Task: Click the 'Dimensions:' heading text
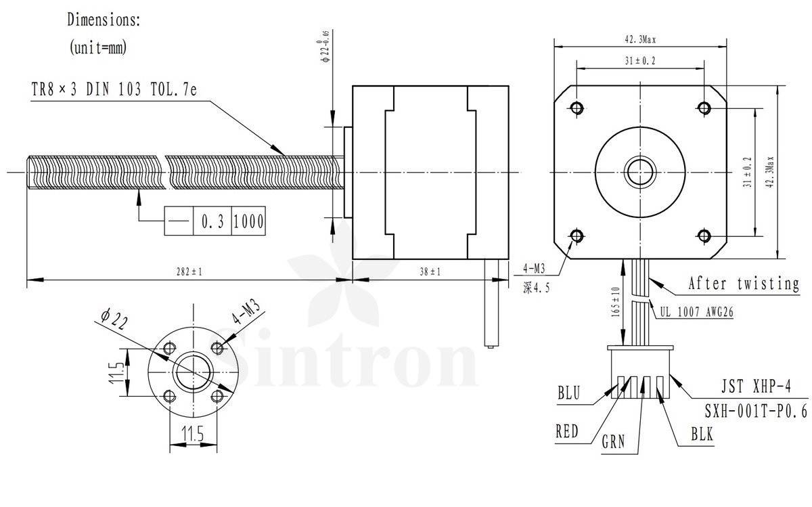(104, 19)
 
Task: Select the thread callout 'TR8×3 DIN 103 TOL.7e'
(114, 89)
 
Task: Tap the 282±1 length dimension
(189, 271)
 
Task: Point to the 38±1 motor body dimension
(430, 271)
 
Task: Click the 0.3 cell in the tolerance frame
(212, 221)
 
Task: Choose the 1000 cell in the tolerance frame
(248, 221)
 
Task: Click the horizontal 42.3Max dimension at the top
(640, 39)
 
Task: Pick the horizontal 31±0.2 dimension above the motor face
(640, 60)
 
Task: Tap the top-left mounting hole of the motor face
(577, 108)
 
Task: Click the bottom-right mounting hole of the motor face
(704, 236)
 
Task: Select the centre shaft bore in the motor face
(640, 172)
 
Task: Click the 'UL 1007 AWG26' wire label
(696, 312)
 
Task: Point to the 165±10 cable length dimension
(616, 303)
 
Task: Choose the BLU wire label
(569, 393)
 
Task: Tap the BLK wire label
(702, 435)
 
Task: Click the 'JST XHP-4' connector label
(756, 387)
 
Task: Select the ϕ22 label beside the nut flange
(114, 319)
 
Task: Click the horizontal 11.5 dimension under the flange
(193, 433)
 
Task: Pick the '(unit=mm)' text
(98, 47)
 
